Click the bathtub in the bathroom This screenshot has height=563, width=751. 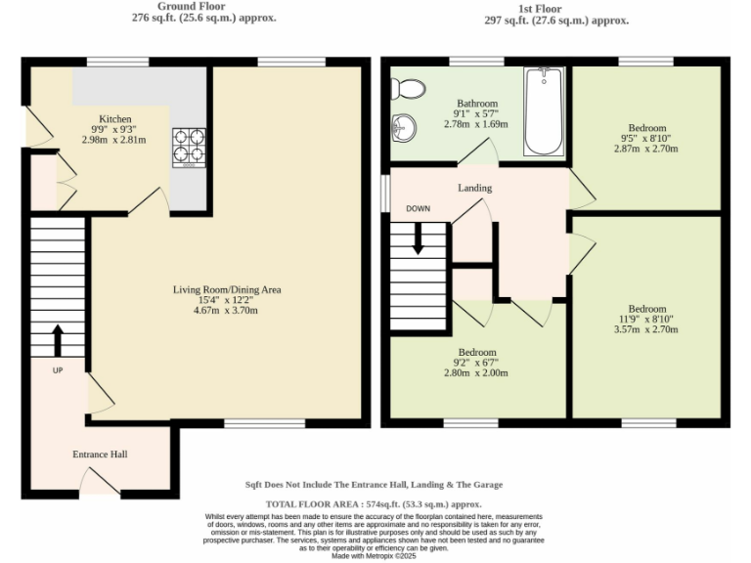[x=544, y=111]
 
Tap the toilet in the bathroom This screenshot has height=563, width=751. [x=408, y=90]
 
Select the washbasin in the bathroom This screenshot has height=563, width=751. [x=404, y=127]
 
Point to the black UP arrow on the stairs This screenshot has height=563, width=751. [x=57, y=340]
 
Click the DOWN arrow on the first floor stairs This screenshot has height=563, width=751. [x=419, y=238]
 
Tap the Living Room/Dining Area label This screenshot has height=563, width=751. [x=227, y=289]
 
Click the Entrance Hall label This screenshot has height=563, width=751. [x=100, y=455]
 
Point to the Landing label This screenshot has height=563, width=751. [x=474, y=188]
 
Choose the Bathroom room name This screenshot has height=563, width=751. [x=477, y=104]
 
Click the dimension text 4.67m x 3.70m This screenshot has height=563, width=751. [x=227, y=311]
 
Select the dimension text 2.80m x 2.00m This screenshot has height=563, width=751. [x=476, y=373]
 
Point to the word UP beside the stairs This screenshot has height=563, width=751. [x=58, y=370]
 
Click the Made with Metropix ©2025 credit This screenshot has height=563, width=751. [x=375, y=555]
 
